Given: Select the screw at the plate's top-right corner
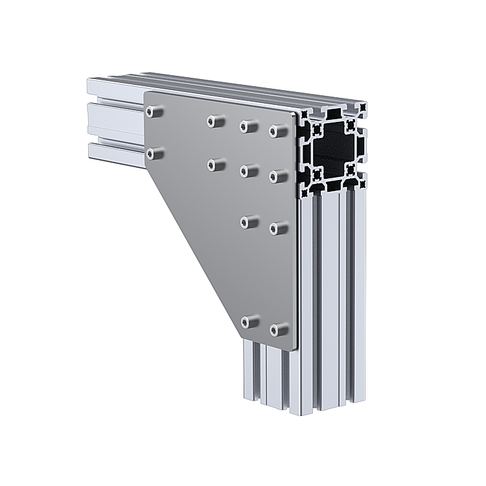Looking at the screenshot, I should click(278, 132).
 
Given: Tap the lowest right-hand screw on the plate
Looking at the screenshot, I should click(279, 330).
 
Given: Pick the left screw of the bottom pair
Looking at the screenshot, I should click(249, 321).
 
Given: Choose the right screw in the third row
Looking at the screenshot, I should click(278, 227).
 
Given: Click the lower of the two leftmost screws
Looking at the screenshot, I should click(154, 153).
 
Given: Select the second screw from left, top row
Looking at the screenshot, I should click(215, 121).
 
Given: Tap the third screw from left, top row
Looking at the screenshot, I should click(248, 126).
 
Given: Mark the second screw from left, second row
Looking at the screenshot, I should click(216, 165).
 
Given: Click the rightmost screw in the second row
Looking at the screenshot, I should click(278, 176).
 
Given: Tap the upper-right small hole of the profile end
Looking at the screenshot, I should click(350, 125).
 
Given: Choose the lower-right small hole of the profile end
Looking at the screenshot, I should click(351, 170).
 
